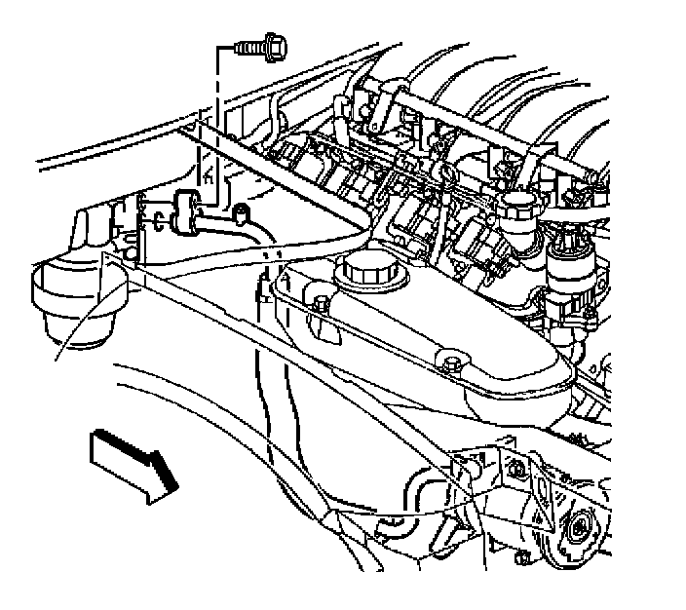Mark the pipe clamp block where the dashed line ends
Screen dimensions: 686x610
tap(186, 211)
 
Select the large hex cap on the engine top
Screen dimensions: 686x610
tap(517, 207)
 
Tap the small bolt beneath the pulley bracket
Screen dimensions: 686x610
tap(522, 558)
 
